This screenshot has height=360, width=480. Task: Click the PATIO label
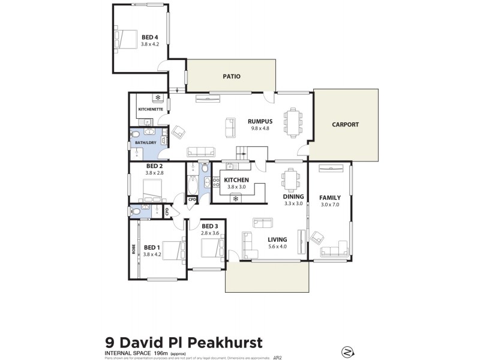(231, 76)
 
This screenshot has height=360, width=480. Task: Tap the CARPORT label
(345, 125)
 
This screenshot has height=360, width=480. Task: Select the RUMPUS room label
(260, 120)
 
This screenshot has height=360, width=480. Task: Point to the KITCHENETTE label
(150, 109)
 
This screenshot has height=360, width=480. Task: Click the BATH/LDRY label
(145, 142)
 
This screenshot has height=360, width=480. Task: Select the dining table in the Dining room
(292, 177)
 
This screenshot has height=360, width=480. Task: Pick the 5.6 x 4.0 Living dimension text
(277, 246)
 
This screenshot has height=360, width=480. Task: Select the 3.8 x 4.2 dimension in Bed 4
(149, 44)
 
